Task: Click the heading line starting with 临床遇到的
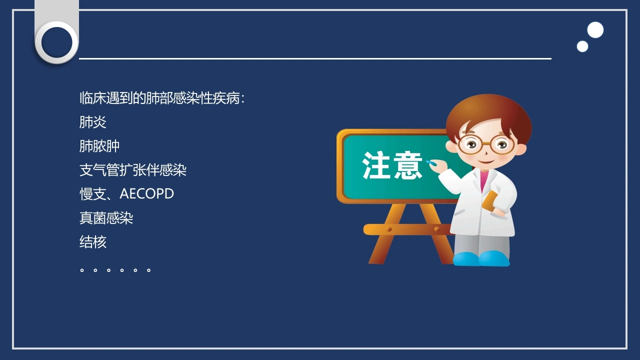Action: pos(162,98)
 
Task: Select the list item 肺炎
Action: pos(93,122)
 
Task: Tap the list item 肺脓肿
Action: pos(99,146)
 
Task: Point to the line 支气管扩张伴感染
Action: pos(133,170)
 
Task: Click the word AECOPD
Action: pos(146,193)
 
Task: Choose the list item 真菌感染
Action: pos(106,218)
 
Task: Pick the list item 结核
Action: pos(93,242)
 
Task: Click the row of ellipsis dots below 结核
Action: pos(115,270)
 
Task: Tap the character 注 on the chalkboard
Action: pos(376,165)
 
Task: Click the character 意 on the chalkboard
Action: pos(407,165)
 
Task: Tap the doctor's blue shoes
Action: pos(481,258)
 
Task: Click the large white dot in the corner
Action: pos(595,29)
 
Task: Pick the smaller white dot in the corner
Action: pos(582,46)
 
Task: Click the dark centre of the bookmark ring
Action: pos(57,42)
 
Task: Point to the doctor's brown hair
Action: pos(488,114)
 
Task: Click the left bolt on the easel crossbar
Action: pos(389,229)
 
